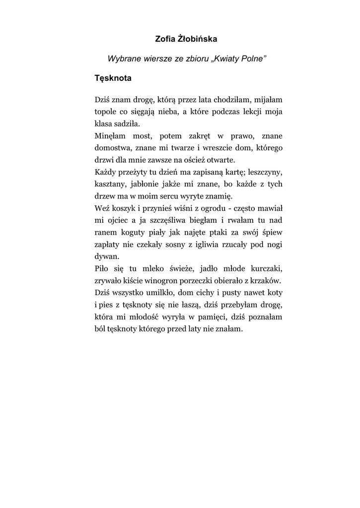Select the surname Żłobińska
[196, 39]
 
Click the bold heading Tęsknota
[113, 78]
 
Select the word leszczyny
[265, 172]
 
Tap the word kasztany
[110, 184]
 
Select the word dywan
[106, 256]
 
